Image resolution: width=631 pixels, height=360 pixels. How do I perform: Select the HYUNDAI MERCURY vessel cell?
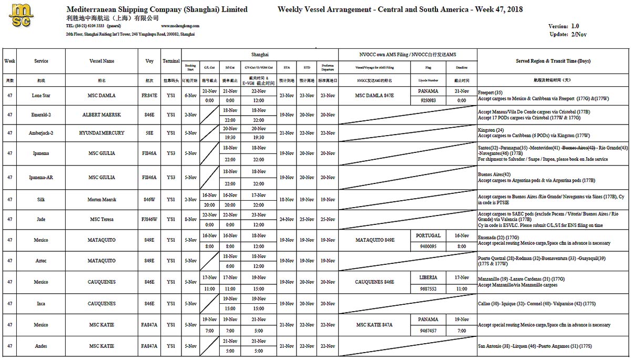tap(102, 133)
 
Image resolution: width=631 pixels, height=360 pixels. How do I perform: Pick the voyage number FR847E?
tap(149, 96)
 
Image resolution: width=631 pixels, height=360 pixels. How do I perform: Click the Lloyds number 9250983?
tap(428, 100)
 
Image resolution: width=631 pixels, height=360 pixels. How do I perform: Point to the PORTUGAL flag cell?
tap(428, 235)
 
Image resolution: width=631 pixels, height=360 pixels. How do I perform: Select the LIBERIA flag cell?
tap(428, 277)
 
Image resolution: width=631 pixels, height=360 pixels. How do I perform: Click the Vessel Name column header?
tap(102, 61)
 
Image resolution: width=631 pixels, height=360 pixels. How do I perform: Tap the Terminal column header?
tap(171, 61)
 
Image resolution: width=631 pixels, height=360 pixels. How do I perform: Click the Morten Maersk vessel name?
tap(102, 200)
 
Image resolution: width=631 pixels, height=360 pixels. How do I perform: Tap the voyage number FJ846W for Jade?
tap(149, 219)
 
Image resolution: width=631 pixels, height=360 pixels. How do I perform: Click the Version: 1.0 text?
tap(563, 26)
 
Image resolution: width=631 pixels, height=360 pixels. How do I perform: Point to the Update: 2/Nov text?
tap(568, 34)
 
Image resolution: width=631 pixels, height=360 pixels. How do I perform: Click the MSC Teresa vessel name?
tap(102, 219)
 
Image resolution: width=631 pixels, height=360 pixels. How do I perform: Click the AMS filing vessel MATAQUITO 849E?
tap(374, 240)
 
